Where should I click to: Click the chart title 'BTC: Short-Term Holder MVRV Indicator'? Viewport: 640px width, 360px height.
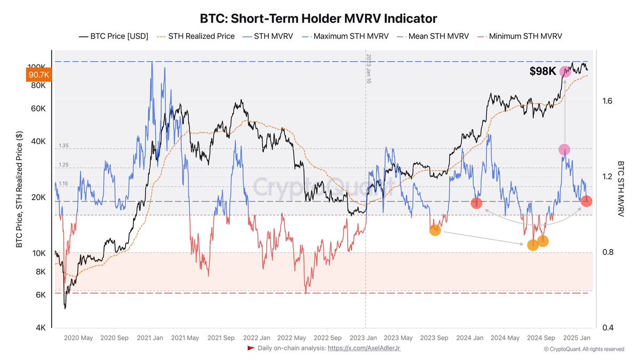click(x=318, y=19)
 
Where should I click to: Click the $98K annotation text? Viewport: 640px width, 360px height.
click(x=543, y=71)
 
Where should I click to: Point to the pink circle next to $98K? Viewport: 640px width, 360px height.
click(x=565, y=71)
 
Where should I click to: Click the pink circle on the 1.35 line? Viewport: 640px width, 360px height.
click(x=564, y=150)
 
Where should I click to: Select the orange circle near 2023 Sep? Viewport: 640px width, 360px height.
click(x=435, y=230)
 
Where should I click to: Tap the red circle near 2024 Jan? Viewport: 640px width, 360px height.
click(x=477, y=203)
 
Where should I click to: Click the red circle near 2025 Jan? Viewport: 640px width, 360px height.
click(x=586, y=201)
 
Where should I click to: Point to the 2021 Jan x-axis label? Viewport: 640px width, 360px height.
click(x=150, y=338)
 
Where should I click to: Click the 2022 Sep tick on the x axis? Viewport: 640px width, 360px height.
click(x=328, y=338)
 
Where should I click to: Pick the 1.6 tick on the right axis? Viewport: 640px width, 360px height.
click(x=609, y=101)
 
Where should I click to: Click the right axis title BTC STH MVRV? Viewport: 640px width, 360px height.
click(x=620, y=189)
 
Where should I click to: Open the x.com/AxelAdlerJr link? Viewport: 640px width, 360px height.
click(x=364, y=348)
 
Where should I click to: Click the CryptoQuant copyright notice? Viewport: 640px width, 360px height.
click(x=583, y=349)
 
